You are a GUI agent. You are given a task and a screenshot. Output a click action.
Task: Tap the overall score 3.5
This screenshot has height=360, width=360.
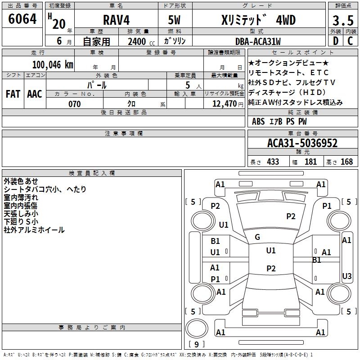point(342,21)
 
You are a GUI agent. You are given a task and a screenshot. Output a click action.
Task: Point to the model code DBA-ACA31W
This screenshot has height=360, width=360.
point(257,41)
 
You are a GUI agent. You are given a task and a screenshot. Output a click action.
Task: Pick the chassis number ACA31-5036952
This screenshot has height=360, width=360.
point(302,144)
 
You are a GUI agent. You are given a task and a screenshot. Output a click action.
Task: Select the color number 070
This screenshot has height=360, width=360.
point(74,104)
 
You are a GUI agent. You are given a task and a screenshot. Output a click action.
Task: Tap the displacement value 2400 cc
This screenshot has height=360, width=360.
point(139,41)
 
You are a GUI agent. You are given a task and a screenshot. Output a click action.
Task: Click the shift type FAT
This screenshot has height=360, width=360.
point(13,94)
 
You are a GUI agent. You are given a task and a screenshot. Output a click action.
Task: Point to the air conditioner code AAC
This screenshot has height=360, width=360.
point(35,94)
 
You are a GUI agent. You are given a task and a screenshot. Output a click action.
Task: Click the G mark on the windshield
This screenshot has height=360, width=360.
point(257,237)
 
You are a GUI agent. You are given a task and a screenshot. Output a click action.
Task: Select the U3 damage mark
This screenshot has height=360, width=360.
point(347,276)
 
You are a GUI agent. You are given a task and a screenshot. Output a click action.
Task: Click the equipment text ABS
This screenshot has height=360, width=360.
point(258,121)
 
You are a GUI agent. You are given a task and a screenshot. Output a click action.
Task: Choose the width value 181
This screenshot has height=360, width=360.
point(310,162)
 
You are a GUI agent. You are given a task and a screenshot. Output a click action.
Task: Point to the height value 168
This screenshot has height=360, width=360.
point(346,162)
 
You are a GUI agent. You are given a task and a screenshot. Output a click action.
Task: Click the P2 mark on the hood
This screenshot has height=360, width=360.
point(291,216)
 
